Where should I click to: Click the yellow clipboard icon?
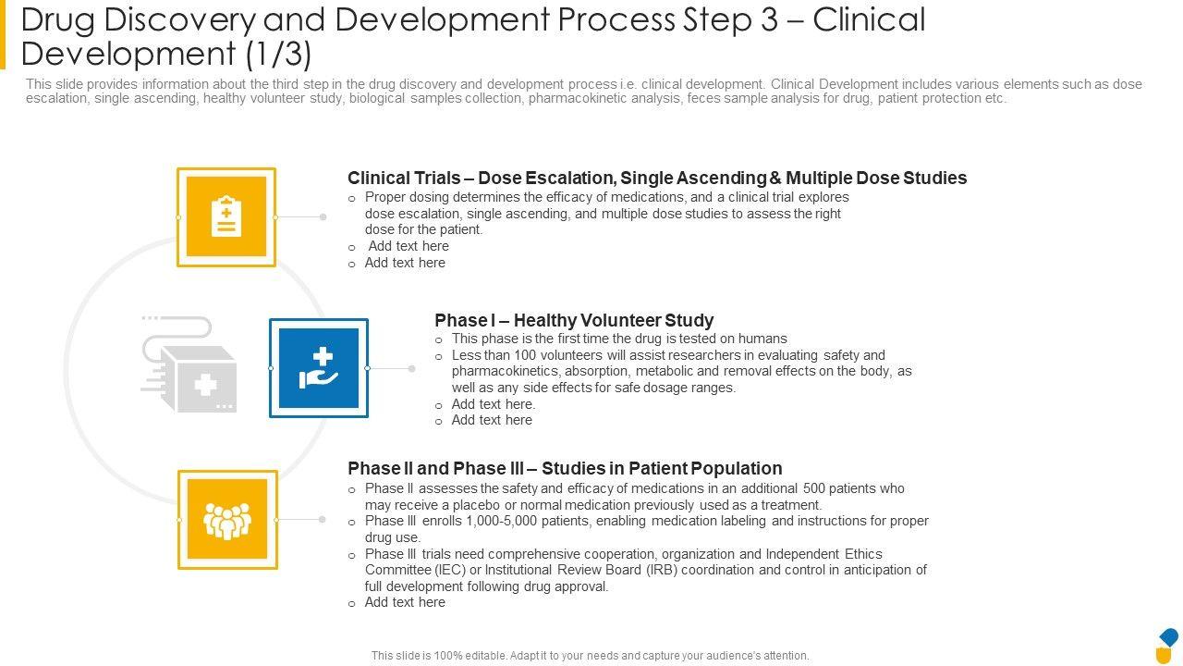coord(226,216)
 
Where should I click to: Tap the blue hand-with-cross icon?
coord(319,368)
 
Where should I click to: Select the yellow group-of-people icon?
coord(227,520)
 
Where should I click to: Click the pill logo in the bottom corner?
coord(1167,646)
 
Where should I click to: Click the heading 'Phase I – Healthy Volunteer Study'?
coord(574,320)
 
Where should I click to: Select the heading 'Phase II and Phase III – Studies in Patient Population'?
coord(565,468)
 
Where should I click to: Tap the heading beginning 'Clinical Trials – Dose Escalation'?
coord(657,178)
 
